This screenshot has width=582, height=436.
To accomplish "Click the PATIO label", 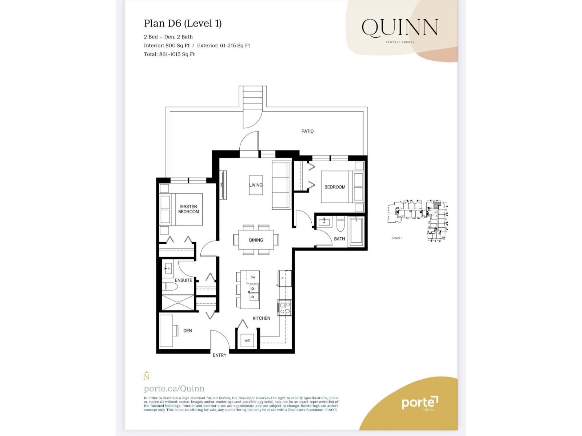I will (307, 131).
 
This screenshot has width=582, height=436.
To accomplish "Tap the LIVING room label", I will (256, 185).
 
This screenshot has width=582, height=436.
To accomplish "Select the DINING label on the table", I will (256, 240).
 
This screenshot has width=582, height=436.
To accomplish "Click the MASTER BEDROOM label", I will (188, 209).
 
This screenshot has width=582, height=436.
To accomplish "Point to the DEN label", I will (187, 331).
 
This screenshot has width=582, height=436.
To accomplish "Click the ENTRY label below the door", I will (219, 355).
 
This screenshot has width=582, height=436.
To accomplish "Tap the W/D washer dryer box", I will (247, 340).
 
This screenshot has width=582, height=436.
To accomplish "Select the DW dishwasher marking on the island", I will (253, 277).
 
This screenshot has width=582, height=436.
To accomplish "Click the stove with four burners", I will (285, 308).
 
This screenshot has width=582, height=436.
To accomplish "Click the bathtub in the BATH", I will (356, 231).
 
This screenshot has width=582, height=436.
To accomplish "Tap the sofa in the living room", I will (280, 185).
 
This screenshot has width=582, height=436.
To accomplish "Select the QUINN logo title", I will (400, 28).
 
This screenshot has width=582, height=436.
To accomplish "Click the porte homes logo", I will (420, 403).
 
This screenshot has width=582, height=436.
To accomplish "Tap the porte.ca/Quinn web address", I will (174, 388).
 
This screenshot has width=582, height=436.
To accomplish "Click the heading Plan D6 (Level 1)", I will (183, 24).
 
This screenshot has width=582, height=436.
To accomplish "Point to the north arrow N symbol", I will (146, 376).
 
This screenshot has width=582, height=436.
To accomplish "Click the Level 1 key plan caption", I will (397, 238).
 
